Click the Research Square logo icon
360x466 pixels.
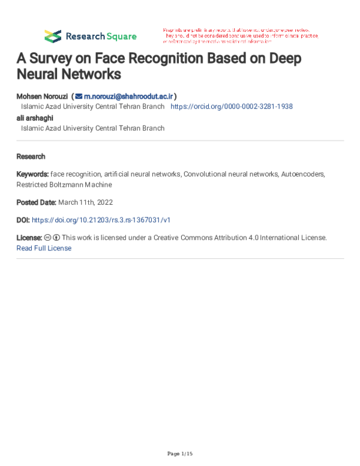pyautogui.click(x=53, y=36)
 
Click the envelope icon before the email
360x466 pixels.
pyautogui.click(x=79, y=96)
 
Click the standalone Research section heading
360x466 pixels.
pyautogui.click(x=31, y=156)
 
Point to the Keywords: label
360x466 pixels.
pyautogui.click(x=33, y=174)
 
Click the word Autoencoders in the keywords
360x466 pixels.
pyautogui.click(x=302, y=174)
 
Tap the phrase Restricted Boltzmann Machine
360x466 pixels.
pyautogui.click(x=64, y=184)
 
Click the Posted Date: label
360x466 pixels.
pyautogui.click(x=37, y=202)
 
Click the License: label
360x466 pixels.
pyautogui.click(x=29, y=238)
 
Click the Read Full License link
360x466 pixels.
pyautogui.click(x=44, y=248)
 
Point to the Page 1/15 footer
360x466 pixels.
pyautogui.click(x=179, y=453)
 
